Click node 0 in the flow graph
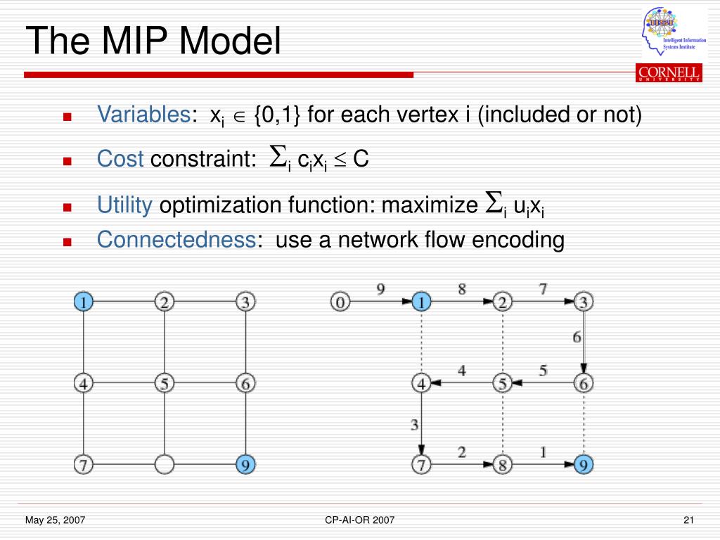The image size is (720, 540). pyautogui.click(x=340, y=303)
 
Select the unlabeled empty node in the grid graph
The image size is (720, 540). pyautogui.click(x=164, y=465)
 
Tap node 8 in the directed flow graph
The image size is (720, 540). pyautogui.click(x=502, y=465)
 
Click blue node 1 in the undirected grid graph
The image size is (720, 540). pyautogui.click(x=83, y=303)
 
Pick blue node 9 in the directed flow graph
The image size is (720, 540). pyautogui.click(x=584, y=465)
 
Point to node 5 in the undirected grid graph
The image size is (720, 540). pyautogui.click(x=164, y=384)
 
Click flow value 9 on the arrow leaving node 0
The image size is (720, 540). pyautogui.click(x=380, y=289)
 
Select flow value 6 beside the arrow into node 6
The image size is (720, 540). pyautogui.click(x=577, y=337)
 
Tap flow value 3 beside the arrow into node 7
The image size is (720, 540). pyautogui.click(x=415, y=424)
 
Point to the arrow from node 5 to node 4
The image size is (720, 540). pyautogui.click(x=461, y=384)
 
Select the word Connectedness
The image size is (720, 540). pyautogui.click(x=176, y=240)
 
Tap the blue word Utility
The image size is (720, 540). pyautogui.click(x=124, y=205)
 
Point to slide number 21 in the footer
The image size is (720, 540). pyautogui.click(x=688, y=520)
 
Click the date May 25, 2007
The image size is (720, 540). pyautogui.click(x=56, y=520)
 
